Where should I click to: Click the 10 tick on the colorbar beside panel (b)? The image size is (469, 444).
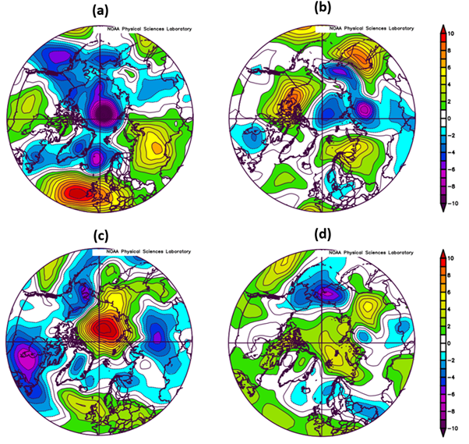point(456,33)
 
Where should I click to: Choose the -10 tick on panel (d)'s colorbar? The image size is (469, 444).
point(456,429)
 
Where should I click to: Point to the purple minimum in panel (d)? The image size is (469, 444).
point(327,292)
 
